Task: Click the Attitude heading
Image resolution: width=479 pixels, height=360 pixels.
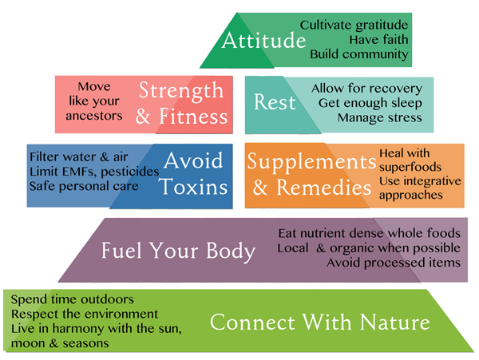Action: point(264,41)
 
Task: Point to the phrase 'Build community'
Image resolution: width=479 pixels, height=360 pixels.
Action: point(359,54)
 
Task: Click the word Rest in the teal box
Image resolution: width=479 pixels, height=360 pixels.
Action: point(275,103)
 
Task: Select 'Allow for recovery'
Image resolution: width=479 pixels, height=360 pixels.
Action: point(366,88)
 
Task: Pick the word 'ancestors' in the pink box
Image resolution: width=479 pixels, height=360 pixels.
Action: point(94,116)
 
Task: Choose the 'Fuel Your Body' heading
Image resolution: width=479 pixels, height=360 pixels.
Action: point(178,251)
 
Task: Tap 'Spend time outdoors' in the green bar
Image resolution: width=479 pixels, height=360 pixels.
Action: point(72,299)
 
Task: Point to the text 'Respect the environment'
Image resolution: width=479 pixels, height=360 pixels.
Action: point(84,315)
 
